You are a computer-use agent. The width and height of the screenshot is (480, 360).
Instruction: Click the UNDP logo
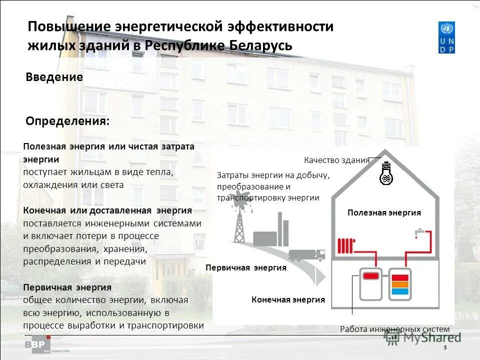pyautogui.click(x=446, y=37)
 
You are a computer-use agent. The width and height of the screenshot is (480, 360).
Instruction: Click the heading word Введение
pyautogui.click(x=54, y=77)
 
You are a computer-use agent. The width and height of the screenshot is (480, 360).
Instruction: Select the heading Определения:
pyautogui.click(x=67, y=121)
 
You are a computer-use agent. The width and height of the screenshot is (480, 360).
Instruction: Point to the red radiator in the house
pyautogui.click(x=345, y=245)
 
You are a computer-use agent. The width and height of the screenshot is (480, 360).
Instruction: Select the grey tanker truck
pyautogui.click(x=306, y=254)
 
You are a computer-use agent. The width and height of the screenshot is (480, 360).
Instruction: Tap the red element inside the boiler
pyautogui.click(x=370, y=275)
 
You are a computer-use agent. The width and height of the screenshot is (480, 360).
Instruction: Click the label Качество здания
pyautogui.click(x=336, y=160)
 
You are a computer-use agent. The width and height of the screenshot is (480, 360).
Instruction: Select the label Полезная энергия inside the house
pyautogui.click(x=384, y=213)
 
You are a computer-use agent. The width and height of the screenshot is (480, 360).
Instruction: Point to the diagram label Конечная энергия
pyautogui.click(x=288, y=300)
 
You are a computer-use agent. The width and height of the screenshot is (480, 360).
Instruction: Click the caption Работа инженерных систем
pyautogui.click(x=394, y=329)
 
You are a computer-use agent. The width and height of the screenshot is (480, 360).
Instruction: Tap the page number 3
pyautogui.click(x=444, y=348)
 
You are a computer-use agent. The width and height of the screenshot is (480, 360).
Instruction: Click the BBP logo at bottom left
pyautogui.click(x=38, y=345)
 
